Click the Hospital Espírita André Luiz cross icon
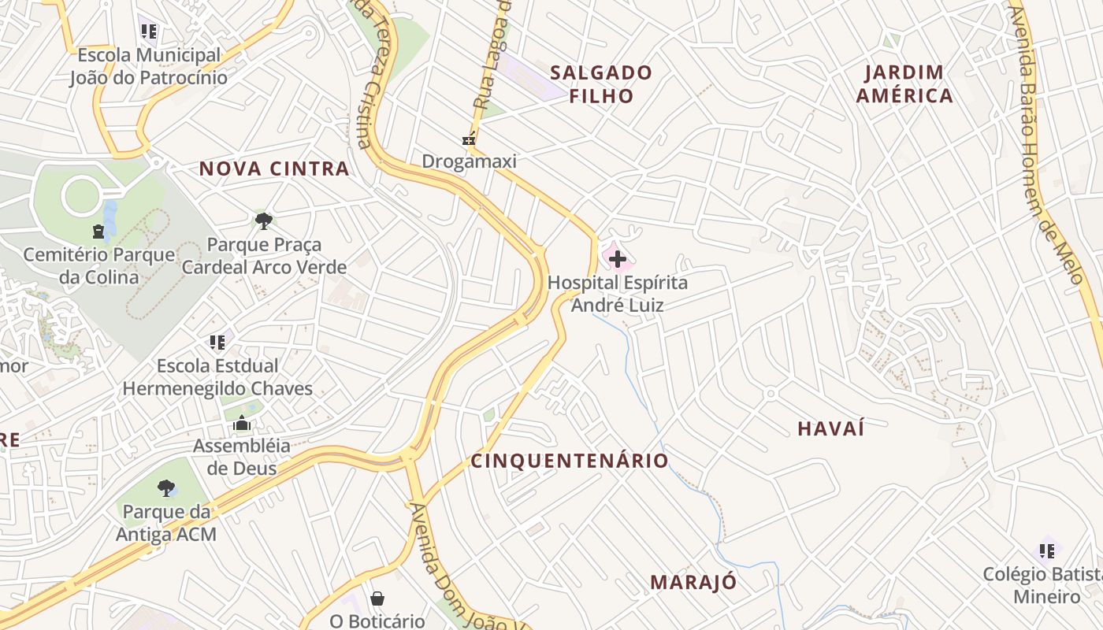tap(617, 259)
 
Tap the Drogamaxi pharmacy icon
tap(470, 140)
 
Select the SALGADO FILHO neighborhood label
tap(601, 84)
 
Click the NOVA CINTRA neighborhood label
tap(274, 169)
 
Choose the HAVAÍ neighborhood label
tap(831, 429)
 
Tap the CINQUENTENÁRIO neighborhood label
tap(570, 461)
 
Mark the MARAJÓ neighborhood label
tap(693, 583)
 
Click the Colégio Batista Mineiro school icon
tap(1047, 550)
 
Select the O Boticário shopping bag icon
tap(377, 599)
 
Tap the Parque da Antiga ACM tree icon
tap(165, 489)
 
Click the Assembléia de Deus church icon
tap(242, 424)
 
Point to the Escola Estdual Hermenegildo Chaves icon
tap(217, 343)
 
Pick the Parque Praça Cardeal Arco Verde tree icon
tap(264, 221)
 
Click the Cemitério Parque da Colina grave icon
tap(98, 232)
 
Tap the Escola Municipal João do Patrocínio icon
tap(149, 32)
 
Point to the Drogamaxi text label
tap(470, 161)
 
